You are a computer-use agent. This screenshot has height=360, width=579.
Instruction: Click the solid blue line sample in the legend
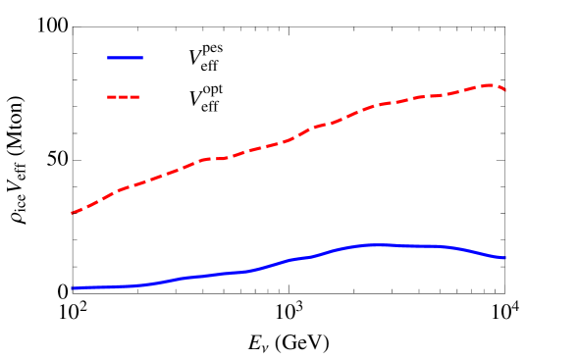pyautogui.click(x=125, y=58)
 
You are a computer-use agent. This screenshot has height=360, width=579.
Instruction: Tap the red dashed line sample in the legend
pyautogui.click(x=125, y=97)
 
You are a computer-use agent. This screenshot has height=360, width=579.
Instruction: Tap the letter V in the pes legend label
pyautogui.click(x=194, y=58)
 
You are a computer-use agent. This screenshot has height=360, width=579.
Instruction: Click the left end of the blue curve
pyautogui.click(x=72, y=288)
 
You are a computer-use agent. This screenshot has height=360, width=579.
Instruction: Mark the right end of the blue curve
pyautogui.click(x=504, y=258)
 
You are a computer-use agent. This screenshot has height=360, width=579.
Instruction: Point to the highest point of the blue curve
pyautogui.click(x=378, y=244)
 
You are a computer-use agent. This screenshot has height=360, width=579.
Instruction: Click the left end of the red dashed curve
pyautogui.click(x=72, y=213)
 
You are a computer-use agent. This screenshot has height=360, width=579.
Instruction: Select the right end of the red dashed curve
pyautogui.click(x=504, y=90)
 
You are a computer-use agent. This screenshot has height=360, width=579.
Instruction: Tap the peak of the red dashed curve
pyautogui.click(x=488, y=84)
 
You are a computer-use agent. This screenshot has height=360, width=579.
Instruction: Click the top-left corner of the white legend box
pyautogui.click(x=90, y=33)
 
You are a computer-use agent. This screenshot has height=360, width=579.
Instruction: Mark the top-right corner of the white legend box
pyautogui.click(x=265, y=33)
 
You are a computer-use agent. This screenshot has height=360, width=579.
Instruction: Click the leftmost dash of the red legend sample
pyautogui.click(x=110, y=97)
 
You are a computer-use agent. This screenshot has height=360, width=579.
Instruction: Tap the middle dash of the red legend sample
pyautogui.click(x=125, y=97)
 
